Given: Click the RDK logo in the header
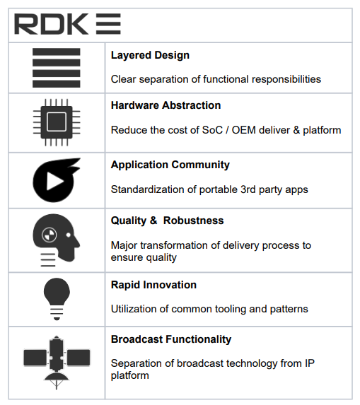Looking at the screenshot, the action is [67, 24].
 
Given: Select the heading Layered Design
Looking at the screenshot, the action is [150, 56].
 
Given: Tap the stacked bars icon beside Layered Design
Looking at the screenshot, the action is [57, 68].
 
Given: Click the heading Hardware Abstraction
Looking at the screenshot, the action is [166, 105].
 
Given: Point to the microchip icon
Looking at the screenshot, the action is [57, 122].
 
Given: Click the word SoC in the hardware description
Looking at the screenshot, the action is [212, 130].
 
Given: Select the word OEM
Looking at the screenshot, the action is [244, 130].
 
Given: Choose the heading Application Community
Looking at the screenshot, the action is [170, 165].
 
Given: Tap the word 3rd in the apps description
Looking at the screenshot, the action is [248, 189].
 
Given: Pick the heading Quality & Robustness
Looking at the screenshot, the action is [167, 221].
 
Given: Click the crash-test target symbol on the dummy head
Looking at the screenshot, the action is [49, 235].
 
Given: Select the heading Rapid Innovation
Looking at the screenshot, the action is [153, 285].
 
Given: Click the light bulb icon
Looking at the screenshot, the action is [57, 299].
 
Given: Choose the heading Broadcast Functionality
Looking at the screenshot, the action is [171, 339].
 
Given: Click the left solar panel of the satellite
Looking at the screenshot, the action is [35, 358].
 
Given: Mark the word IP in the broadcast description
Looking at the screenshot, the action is [310, 363].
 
